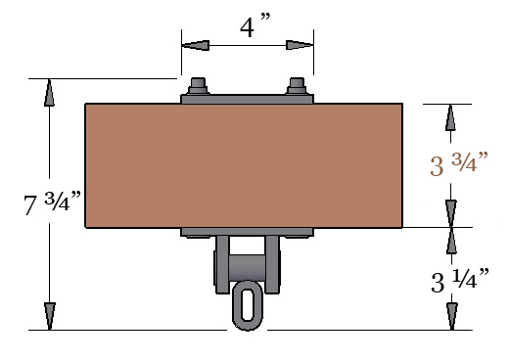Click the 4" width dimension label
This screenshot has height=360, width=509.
tap(255, 25)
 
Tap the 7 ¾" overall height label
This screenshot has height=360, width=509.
tap(52, 202)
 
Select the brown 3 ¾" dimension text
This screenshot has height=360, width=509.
tap(459, 163)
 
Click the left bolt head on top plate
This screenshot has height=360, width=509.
tap(198, 86)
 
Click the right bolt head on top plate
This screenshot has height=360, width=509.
tap(297, 86)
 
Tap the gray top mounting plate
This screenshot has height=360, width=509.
tap(247, 99)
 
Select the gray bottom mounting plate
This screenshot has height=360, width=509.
tap(247, 232)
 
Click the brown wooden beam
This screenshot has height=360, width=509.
tap(244, 165)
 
